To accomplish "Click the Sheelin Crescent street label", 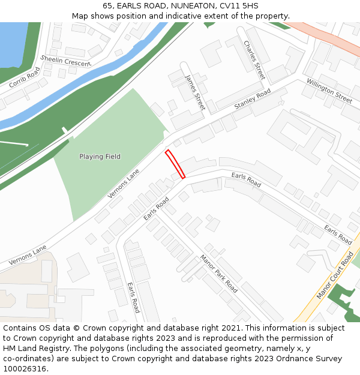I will click(x=65, y=60).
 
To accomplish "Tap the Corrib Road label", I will click(x=25, y=77).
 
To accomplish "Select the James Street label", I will click(x=196, y=92).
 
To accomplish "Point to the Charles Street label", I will click(x=254, y=60).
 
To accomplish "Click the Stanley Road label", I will click(x=253, y=98).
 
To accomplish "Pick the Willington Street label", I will click(x=329, y=90).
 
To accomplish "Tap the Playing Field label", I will click(x=100, y=157).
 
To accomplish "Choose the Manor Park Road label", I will click(x=218, y=273).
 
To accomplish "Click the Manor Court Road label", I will click(x=335, y=276).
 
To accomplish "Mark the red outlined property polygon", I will click(x=175, y=164).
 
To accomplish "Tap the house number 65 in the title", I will click(x=108, y=6).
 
